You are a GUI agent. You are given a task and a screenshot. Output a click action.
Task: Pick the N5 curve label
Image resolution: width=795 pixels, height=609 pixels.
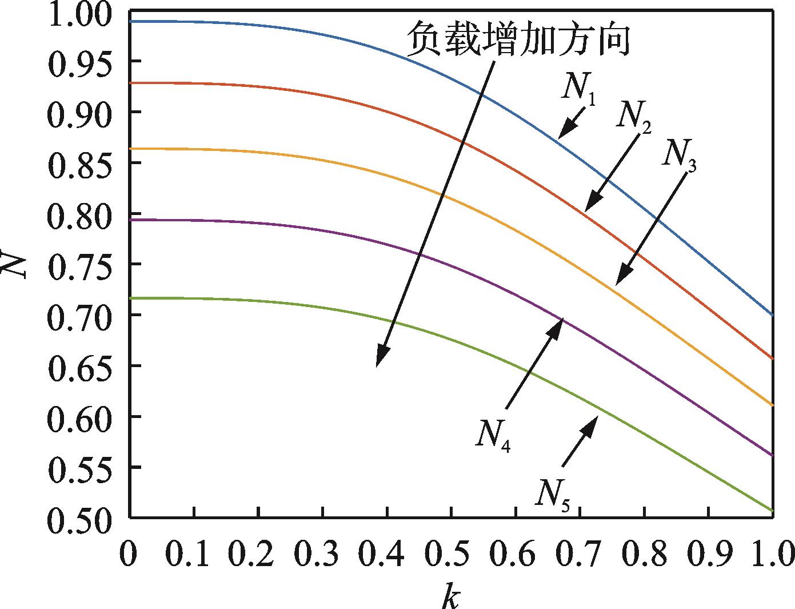(552, 493)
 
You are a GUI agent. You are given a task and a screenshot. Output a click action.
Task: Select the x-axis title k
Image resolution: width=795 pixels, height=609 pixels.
(450, 595)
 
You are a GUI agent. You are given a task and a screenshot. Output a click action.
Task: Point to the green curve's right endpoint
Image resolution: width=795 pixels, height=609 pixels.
(772, 510)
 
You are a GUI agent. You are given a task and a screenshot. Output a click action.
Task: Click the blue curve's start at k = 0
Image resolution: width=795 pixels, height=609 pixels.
(131, 21)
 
